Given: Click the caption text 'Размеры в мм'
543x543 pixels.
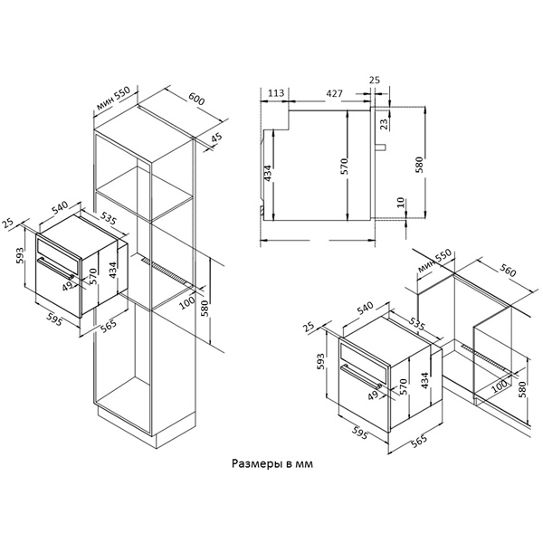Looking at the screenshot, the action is point(271,463).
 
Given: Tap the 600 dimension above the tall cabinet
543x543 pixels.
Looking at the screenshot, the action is point(196,99).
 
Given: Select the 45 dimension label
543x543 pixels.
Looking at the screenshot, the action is point(216,138).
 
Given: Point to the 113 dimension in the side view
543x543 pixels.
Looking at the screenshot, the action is point(276,93).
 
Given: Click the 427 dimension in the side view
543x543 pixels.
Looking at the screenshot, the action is point(334,93).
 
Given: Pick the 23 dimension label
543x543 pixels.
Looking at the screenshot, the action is point(385,124).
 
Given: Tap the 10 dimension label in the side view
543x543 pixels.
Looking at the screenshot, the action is point(400,202).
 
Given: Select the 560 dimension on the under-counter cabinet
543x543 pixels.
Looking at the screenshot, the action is point(509,272).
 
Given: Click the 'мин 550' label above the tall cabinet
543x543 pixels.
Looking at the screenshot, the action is point(113,98).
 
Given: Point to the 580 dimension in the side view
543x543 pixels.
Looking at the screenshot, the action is point(419,166).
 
